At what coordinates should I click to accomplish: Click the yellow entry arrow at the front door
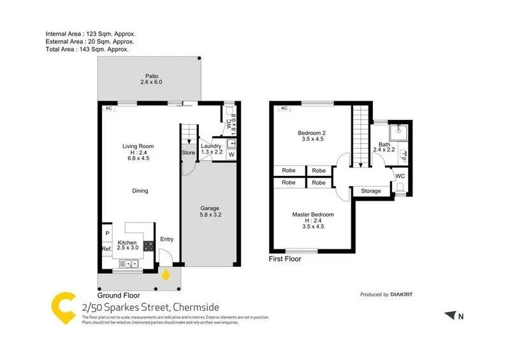coord(166,275)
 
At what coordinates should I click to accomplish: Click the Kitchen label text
coord(127,243)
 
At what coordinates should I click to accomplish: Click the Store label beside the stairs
coord(188,153)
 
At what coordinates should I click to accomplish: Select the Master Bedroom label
coord(312,215)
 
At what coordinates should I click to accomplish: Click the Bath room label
coord(384,145)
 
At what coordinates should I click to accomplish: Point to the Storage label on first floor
coord(370,191)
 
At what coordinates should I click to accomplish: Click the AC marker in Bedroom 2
coord(282,108)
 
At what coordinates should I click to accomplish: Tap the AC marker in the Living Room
coord(109,108)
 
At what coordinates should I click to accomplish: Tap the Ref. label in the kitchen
coord(106,248)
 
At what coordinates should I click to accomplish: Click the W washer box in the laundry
coord(231,155)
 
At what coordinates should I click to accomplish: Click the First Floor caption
coord(285,259)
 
